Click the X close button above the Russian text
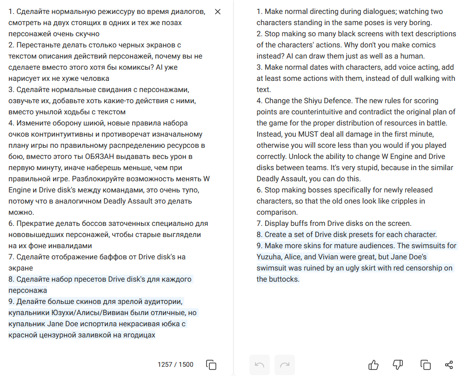pyautogui.click(x=218, y=12)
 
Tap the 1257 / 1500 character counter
pyautogui.click(x=175, y=364)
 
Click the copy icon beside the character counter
pyautogui.click(x=211, y=365)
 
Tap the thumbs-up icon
pyautogui.click(x=374, y=365)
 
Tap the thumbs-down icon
pyautogui.click(x=398, y=365)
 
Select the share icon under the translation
pyautogui.click(x=449, y=365)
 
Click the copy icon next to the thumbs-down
pyautogui.click(x=425, y=365)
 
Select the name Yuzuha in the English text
pyautogui.click(x=268, y=257)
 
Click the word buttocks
pyautogui.click(x=284, y=279)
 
